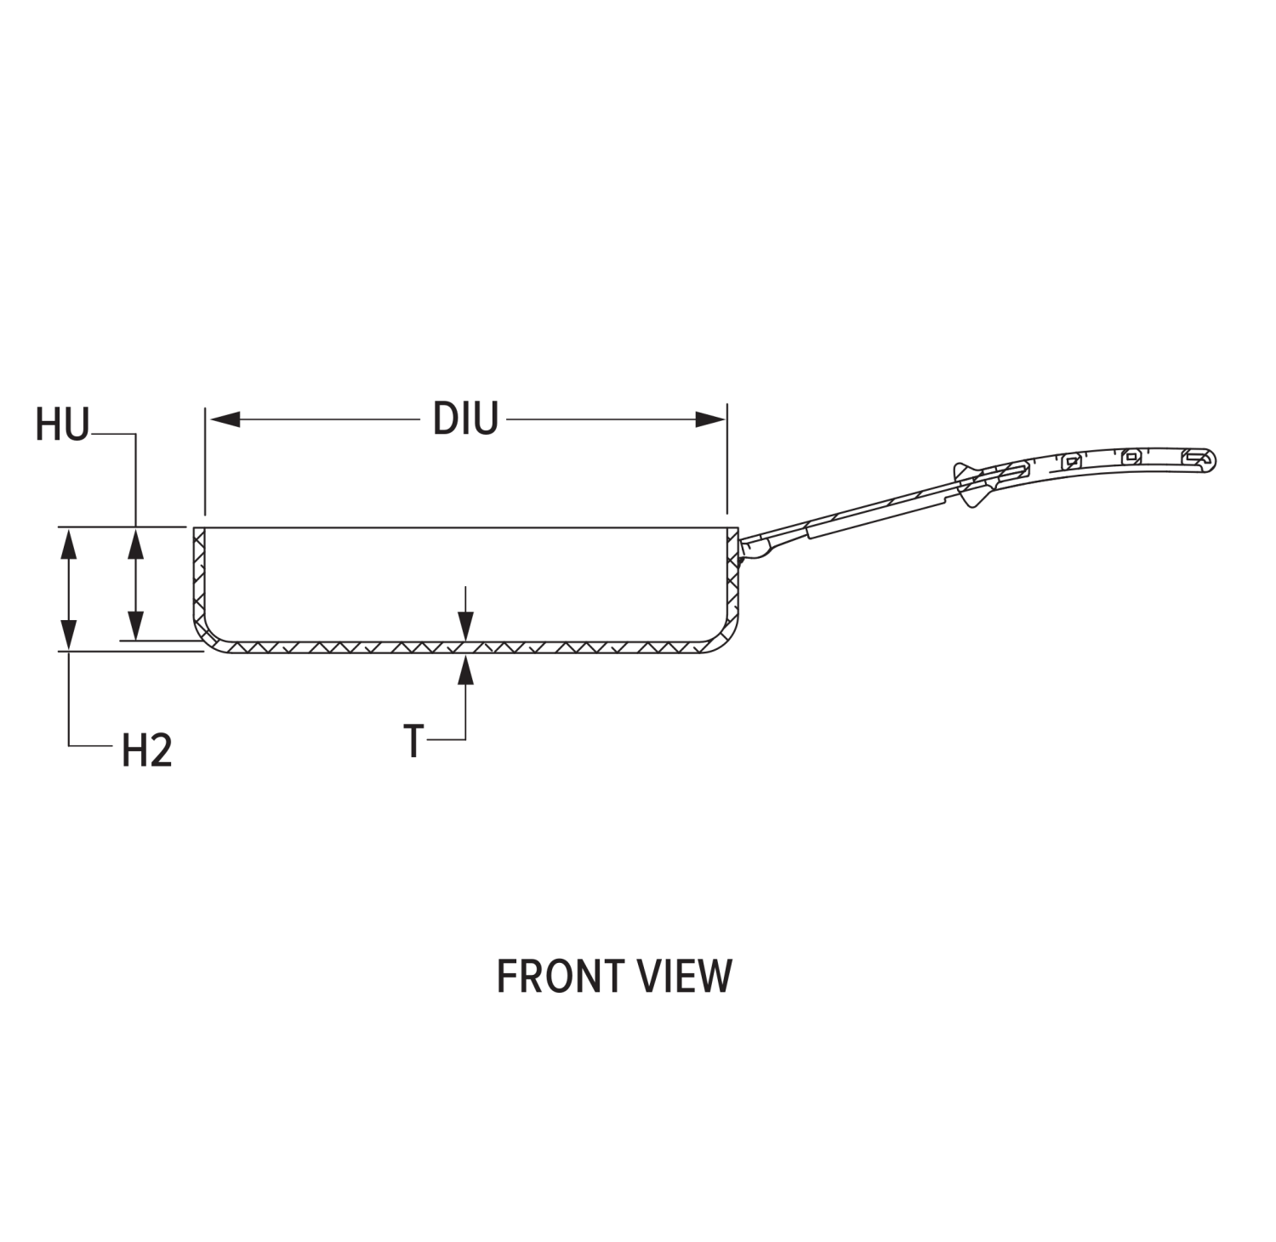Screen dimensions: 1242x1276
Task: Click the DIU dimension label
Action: [x=464, y=419]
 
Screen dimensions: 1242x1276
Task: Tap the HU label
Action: [x=61, y=425]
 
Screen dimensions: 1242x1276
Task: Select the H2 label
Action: [x=147, y=751]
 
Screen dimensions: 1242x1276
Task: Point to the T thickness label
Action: [x=413, y=741]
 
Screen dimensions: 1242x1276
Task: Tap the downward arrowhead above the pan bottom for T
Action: [x=465, y=628]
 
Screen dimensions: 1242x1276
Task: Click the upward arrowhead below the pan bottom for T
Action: [x=465, y=669]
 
